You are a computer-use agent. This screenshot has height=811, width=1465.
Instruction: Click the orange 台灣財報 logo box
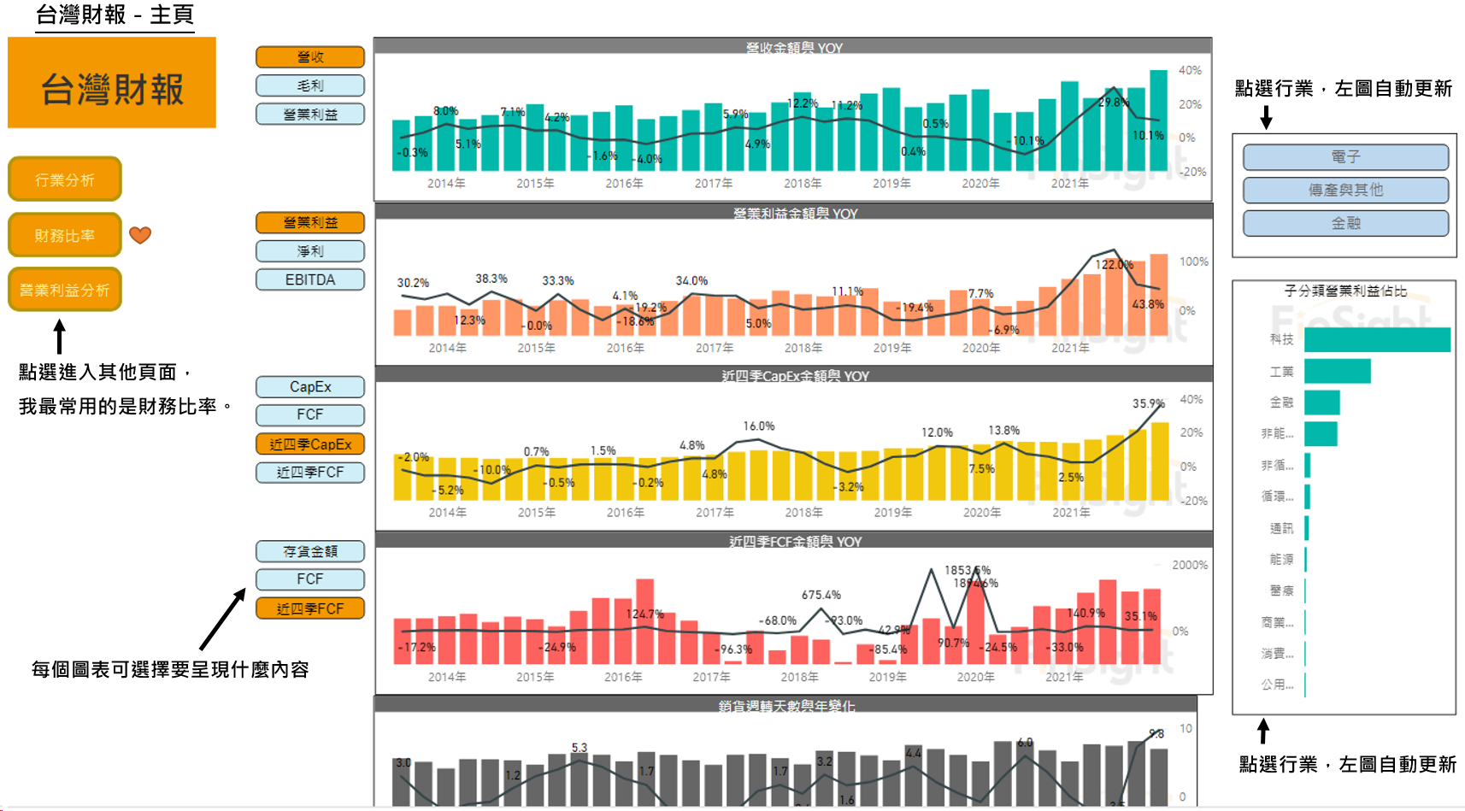point(112,83)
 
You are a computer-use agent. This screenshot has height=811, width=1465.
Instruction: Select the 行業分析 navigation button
point(65,179)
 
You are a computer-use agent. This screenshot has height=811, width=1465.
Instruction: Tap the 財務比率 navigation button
point(65,235)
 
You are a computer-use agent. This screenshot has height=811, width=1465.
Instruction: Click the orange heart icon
point(140,234)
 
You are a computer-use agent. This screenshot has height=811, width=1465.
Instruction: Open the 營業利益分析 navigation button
point(65,290)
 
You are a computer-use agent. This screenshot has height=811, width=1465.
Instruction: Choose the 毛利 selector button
point(310,85)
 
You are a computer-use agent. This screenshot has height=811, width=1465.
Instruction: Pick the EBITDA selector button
point(310,279)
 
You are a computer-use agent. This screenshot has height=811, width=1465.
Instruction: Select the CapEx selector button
point(310,386)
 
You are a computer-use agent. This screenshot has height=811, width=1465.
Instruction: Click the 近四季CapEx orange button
point(310,444)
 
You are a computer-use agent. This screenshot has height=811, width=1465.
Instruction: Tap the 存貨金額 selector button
point(310,551)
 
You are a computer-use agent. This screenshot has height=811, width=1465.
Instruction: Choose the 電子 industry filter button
point(1345,157)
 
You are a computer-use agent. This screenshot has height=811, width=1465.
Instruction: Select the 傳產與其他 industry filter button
point(1345,190)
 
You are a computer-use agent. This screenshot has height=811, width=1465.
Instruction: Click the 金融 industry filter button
point(1345,223)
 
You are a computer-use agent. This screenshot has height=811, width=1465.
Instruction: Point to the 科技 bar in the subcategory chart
point(1377,339)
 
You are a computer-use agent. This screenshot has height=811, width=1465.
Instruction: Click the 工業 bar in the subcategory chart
point(1338,371)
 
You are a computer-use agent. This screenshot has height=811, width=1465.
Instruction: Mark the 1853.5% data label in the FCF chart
point(967,570)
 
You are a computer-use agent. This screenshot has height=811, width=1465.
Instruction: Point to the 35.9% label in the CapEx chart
point(1149,403)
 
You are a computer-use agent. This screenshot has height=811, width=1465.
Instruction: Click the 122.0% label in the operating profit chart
point(1114,265)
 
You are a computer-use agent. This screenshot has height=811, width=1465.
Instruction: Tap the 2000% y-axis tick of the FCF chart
point(1190,565)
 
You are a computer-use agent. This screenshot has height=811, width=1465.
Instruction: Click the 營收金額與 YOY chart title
point(794,48)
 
